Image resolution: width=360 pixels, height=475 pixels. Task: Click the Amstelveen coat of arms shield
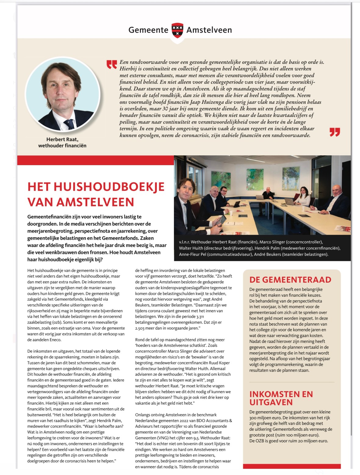[177, 30]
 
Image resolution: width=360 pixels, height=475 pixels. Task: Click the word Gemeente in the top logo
[148, 30]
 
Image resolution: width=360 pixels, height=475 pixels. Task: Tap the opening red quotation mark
[112, 64]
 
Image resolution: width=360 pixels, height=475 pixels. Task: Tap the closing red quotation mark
[335, 132]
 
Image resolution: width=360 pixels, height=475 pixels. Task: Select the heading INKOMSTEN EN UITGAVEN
[281, 398]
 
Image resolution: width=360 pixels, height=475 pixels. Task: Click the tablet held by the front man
[221, 219]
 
